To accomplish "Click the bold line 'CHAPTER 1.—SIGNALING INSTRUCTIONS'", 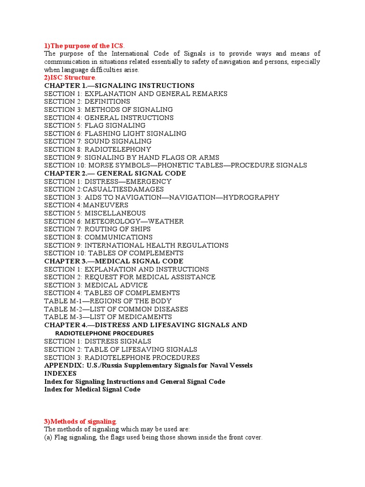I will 119,86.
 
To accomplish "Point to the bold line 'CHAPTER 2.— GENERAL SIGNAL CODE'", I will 115,174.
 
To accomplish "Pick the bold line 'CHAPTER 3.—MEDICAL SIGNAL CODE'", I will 114,261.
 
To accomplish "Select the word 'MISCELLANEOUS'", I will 115,213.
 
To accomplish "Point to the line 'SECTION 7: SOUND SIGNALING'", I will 98,141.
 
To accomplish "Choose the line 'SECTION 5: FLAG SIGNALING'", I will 95,126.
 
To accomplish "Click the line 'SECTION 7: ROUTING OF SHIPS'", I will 97,229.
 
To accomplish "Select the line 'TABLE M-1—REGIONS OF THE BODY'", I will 108,301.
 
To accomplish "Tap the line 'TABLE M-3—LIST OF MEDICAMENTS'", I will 108,317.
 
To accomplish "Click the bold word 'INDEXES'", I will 60,373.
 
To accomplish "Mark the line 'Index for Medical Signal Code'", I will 92,390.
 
